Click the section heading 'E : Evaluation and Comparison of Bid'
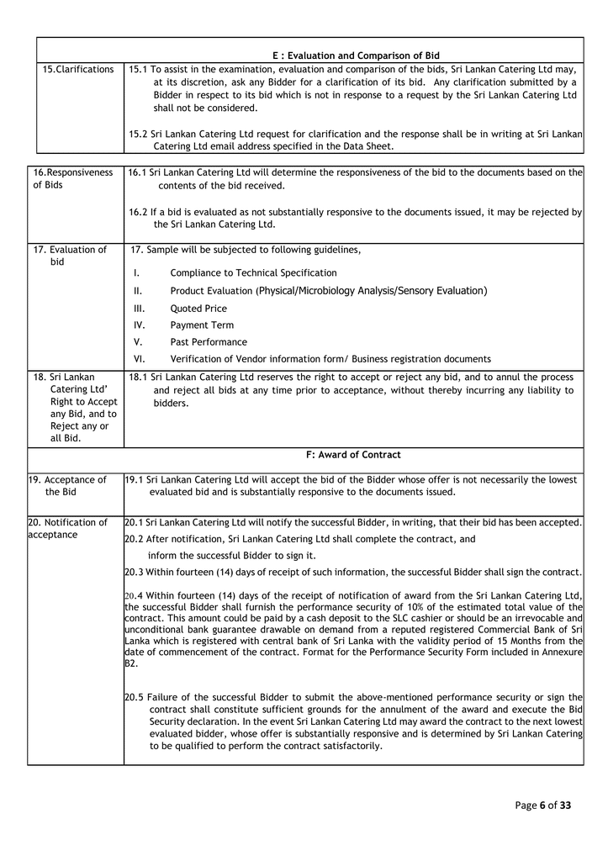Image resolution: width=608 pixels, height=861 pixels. click(356, 55)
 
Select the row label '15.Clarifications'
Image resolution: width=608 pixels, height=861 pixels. click(78, 69)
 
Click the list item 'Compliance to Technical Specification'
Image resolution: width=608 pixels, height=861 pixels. click(253, 272)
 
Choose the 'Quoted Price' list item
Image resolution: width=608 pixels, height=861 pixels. click(198, 308)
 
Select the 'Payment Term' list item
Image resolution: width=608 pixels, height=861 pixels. click(202, 325)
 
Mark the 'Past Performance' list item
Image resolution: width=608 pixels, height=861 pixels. click(209, 342)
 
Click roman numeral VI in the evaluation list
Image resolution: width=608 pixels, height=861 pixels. click(140, 359)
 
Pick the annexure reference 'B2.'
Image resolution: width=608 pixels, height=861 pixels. click(130, 663)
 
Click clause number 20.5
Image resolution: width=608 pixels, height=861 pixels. click(134, 697)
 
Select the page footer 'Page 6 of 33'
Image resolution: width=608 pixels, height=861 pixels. click(542, 806)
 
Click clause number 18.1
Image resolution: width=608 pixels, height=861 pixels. click(138, 378)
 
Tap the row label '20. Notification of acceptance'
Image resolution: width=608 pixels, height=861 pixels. click(67, 528)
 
